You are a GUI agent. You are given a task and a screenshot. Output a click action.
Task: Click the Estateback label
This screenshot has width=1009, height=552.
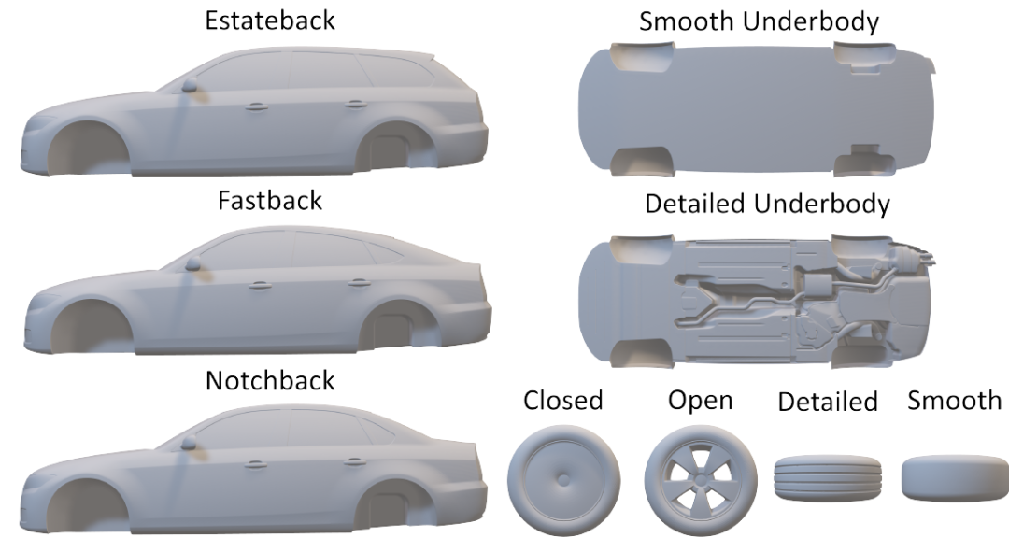(x=269, y=21)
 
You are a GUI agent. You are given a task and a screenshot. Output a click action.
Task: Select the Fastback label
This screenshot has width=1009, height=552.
(x=269, y=200)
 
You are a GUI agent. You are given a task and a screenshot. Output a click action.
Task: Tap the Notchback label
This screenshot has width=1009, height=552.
(x=269, y=380)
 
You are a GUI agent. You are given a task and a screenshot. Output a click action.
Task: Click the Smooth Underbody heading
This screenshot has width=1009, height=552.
(x=759, y=22)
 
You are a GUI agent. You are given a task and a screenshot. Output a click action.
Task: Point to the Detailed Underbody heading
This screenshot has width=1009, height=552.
(x=767, y=204)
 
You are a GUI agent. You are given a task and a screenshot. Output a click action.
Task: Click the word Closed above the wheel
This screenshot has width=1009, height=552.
(x=562, y=400)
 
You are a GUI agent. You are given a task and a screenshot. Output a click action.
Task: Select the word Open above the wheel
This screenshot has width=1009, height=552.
(x=700, y=400)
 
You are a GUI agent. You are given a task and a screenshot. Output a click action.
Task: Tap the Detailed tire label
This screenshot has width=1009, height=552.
(x=828, y=402)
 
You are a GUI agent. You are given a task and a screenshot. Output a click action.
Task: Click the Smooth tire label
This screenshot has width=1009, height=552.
(x=954, y=400)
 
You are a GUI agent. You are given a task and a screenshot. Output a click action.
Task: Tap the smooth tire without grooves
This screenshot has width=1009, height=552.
(x=954, y=479)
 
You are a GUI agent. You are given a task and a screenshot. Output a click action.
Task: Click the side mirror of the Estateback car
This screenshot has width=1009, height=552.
(x=190, y=86)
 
